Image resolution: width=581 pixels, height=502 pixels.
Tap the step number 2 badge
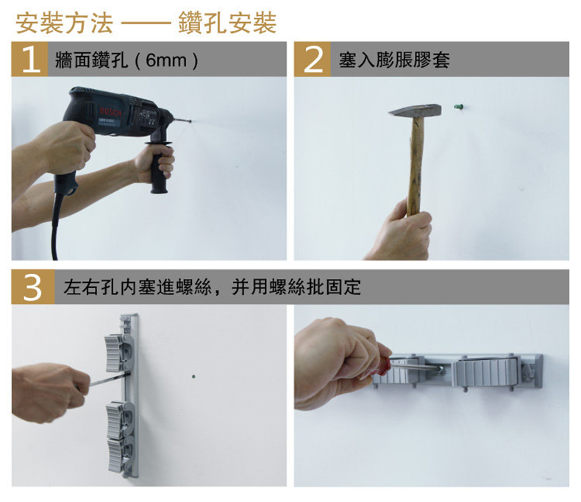tap(313, 60)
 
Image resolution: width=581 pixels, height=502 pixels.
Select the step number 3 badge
tap(33, 287)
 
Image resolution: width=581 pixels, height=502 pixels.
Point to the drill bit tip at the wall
tap(190, 121)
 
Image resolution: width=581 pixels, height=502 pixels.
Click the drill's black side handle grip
tap(160, 169)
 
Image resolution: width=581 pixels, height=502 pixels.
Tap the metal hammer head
tap(416, 110)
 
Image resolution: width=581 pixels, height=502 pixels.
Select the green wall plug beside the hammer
tap(458, 107)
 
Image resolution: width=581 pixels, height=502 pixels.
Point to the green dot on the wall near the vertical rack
tap(193, 377)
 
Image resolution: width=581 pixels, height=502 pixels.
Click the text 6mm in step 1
tap(166, 60)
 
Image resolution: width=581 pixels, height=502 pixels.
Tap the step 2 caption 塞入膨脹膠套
tap(395, 60)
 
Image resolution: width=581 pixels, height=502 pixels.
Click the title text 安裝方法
tap(65, 23)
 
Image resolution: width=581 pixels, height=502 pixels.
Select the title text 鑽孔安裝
tap(227, 23)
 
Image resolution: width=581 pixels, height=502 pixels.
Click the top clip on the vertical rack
tap(118, 353)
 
